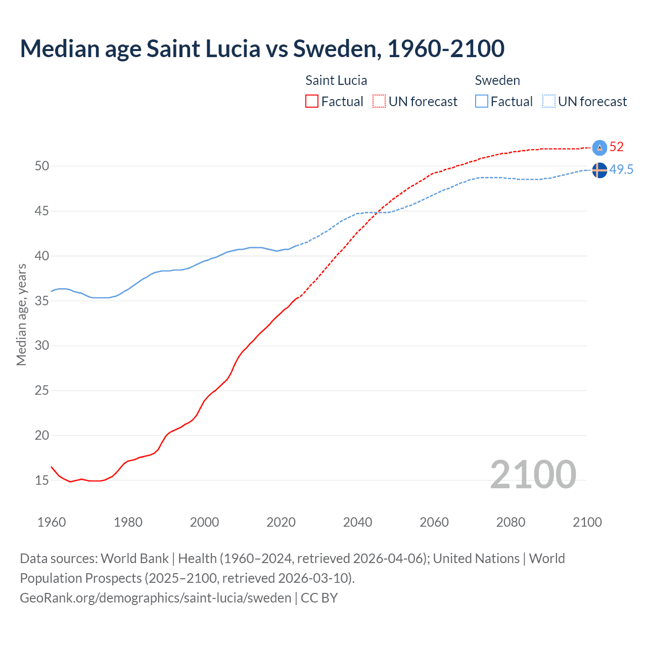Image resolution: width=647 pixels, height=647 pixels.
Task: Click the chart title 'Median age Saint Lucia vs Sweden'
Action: pyautogui.click(x=262, y=49)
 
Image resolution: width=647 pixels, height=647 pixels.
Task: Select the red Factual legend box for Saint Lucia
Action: pyautogui.click(x=312, y=102)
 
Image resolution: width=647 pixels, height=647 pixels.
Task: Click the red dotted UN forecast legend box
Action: pyautogui.click(x=379, y=102)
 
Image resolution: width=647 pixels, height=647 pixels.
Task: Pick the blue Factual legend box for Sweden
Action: pyautogui.click(x=482, y=102)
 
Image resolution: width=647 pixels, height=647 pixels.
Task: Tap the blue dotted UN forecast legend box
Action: pyautogui.click(x=549, y=102)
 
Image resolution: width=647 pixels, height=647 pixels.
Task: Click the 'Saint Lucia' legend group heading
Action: pyautogui.click(x=336, y=80)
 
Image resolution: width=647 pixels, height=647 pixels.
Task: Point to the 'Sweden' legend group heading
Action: pyautogui.click(x=497, y=80)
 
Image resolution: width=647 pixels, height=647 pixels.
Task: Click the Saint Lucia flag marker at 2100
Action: pyautogui.click(x=599, y=147)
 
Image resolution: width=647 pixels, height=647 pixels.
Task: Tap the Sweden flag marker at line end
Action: pyautogui.click(x=599, y=170)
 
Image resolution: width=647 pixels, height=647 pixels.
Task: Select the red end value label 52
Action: pyautogui.click(x=617, y=147)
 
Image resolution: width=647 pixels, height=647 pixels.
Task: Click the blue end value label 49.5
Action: pyautogui.click(x=621, y=170)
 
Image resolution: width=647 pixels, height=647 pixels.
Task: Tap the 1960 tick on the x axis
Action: pyautogui.click(x=52, y=522)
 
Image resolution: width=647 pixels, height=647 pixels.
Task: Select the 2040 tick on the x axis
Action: pyautogui.click(x=357, y=522)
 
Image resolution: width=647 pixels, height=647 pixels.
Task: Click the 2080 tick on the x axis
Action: pyautogui.click(x=511, y=522)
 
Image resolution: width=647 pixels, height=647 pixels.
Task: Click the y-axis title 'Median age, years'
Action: pyautogui.click(x=21, y=314)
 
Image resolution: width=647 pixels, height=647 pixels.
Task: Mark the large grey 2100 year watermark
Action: pyautogui.click(x=533, y=474)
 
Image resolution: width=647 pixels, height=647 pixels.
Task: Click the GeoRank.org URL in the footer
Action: pyautogui.click(x=156, y=597)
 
